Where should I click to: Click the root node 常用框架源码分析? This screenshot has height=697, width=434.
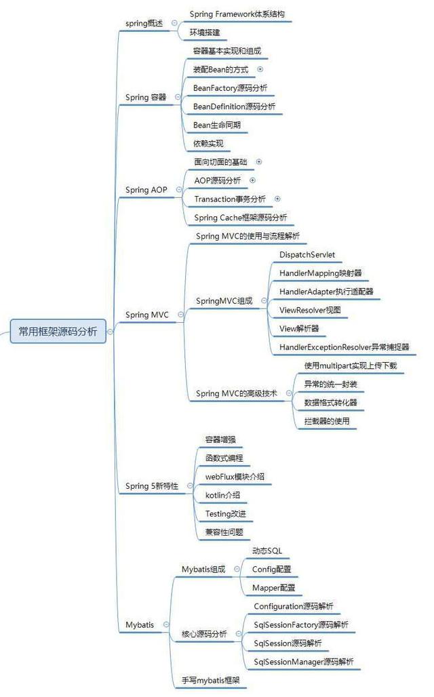[x=58, y=332]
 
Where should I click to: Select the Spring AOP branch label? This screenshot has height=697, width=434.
[x=146, y=190]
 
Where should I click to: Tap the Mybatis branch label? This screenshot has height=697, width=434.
[x=140, y=624]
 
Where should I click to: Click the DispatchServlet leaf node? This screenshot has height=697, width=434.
[x=307, y=254]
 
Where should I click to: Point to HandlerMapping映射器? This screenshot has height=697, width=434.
[x=320, y=273]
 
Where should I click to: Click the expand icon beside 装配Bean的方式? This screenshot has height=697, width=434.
[x=260, y=69]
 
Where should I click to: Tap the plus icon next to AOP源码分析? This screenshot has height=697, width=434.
[x=252, y=180]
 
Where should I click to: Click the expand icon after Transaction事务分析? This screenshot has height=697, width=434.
[x=277, y=199]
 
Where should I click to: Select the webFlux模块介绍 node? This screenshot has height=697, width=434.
[x=235, y=477]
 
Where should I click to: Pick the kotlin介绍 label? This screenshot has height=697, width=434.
[x=222, y=495]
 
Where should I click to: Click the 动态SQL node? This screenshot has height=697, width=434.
[x=267, y=551]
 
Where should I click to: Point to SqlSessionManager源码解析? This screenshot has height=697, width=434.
[x=303, y=661]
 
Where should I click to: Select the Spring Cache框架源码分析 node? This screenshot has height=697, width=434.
[x=241, y=218]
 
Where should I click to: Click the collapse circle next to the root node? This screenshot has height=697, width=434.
[x=111, y=332]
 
